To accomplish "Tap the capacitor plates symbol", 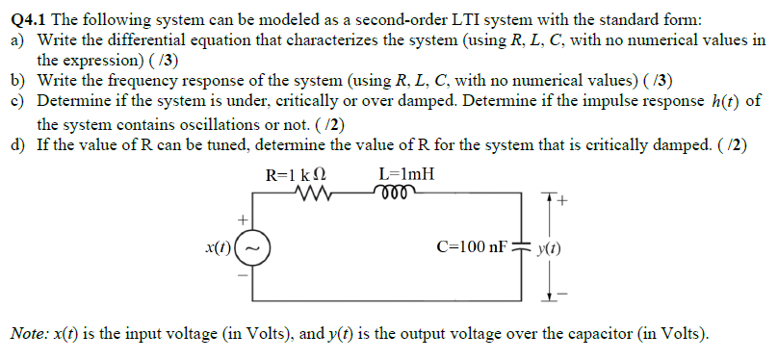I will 527,247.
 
